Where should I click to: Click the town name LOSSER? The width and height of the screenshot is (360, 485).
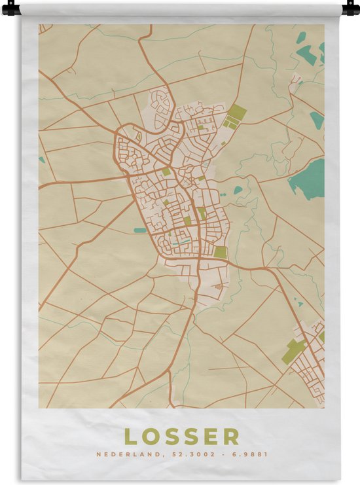click(x=181, y=437)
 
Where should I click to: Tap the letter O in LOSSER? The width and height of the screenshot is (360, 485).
click(x=151, y=437)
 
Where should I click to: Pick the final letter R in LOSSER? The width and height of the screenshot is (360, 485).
click(x=232, y=437)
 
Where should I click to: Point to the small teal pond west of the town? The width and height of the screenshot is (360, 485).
click(x=140, y=230)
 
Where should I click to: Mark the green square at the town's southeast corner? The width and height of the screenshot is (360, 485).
click(x=221, y=252)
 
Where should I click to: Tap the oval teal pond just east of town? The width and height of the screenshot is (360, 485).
click(x=238, y=190)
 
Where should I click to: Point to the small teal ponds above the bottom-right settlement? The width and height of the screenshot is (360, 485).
click(x=298, y=302)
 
